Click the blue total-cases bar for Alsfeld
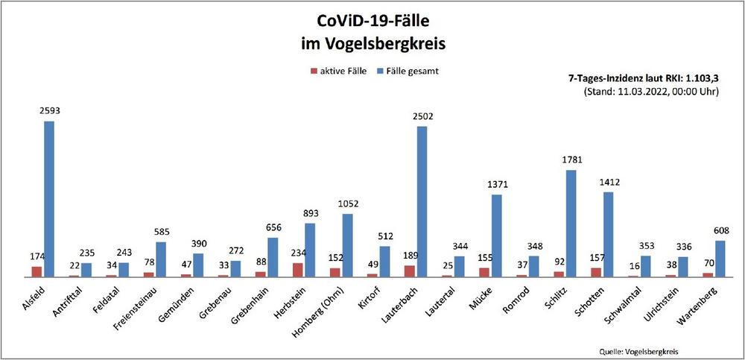point(49,198)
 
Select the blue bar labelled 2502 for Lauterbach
point(422,201)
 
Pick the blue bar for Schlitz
point(571,223)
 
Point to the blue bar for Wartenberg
point(720,258)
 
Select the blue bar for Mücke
point(496,236)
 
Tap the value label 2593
point(49,110)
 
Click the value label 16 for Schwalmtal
point(633,265)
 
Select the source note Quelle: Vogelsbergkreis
point(638,351)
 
